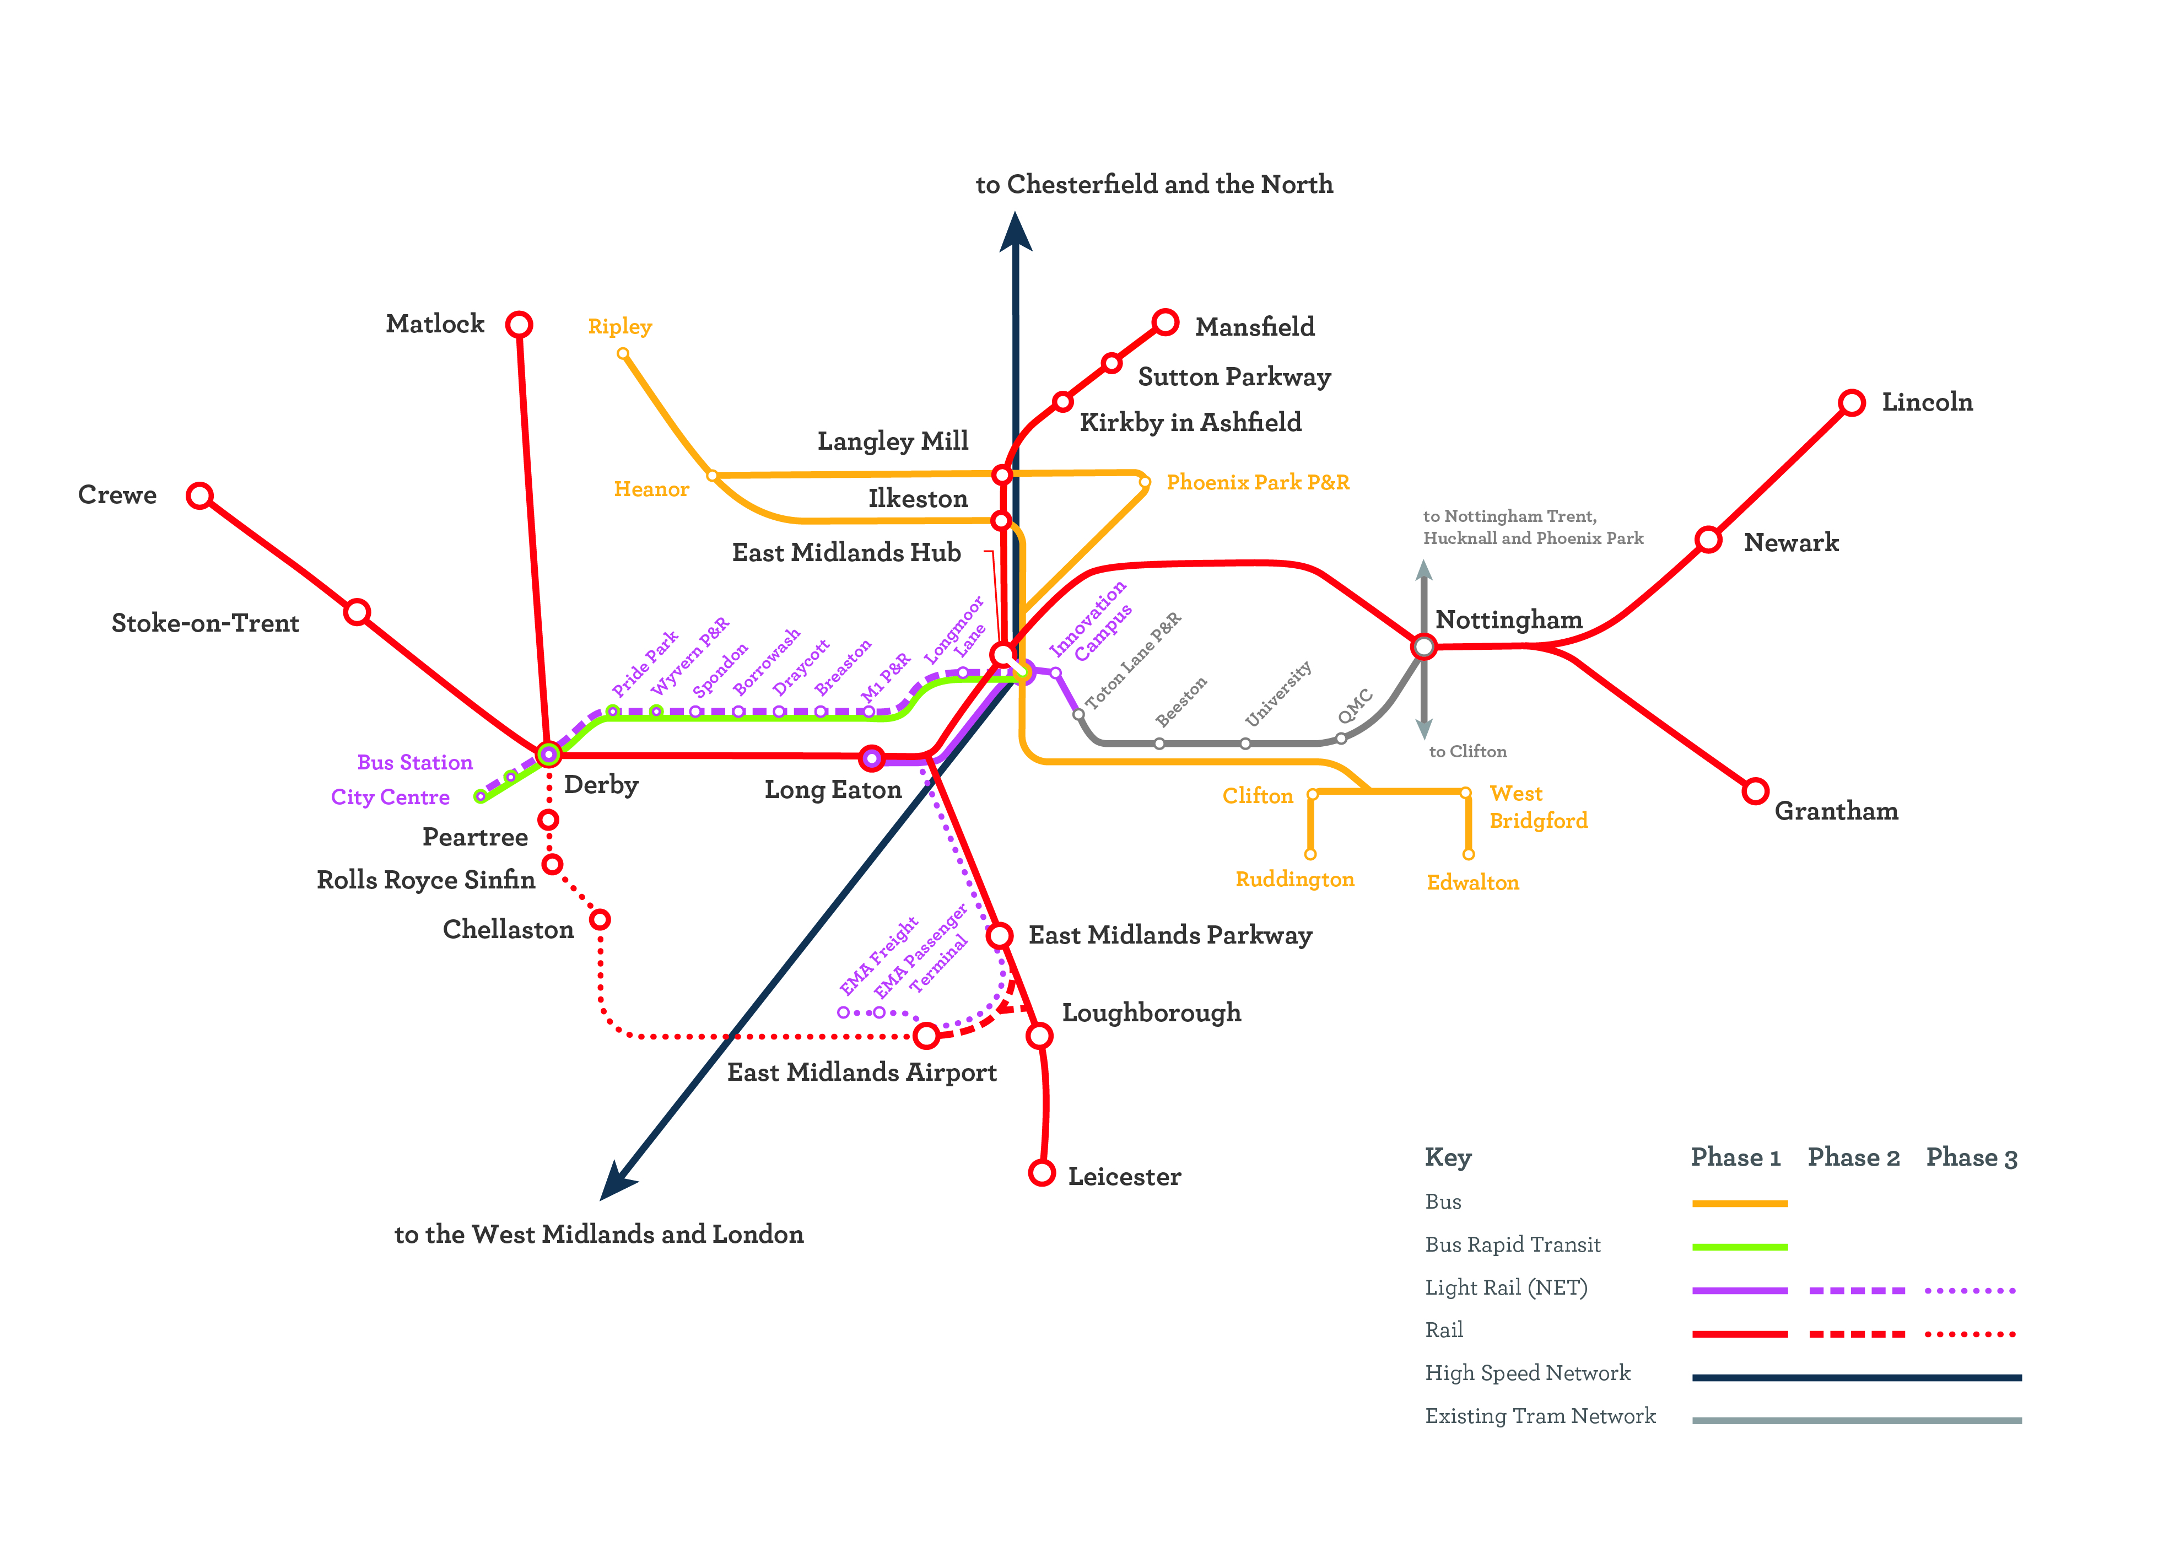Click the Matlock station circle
pos(519,325)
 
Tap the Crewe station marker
pos(199,495)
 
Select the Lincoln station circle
pos(1851,402)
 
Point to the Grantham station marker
pos(1755,790)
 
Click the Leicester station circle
pos(1042,1173)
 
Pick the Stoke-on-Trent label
pos(205,623)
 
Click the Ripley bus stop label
pos(619,326)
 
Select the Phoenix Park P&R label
pos(1257,482)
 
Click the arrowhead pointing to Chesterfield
pos(1015,233)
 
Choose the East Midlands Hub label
pos(846,552)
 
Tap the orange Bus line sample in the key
pos(1739,1203)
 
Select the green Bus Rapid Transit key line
pos(1739,1247)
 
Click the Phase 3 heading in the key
pos(1971,1157)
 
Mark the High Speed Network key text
pos(1526,1373)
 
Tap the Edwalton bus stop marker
pos(1468,855)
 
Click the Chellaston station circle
pos(600,919)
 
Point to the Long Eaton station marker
pos(871,758)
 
